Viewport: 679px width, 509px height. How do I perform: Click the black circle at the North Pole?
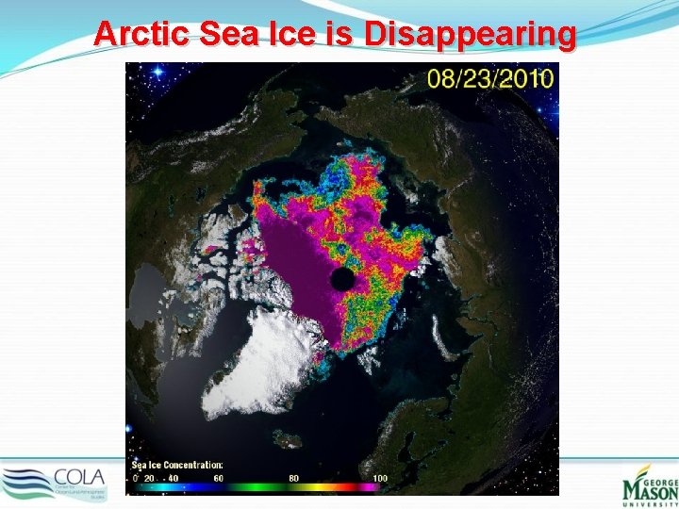[342, 279]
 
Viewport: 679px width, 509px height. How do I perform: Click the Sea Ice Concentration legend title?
[176, 465]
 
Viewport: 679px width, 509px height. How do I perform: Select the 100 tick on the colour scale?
[379, 479]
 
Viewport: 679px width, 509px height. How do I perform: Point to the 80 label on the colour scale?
[293, 479]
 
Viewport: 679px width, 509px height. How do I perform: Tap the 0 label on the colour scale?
[135, 479]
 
